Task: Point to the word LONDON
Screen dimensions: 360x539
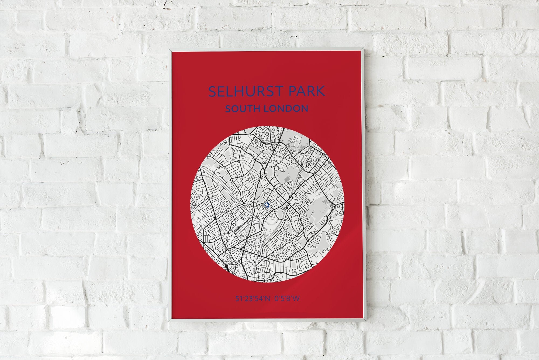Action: pyautogui.click(x=286, y=109)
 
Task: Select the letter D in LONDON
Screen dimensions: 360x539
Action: pyautogui.click(x=290, y=109)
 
